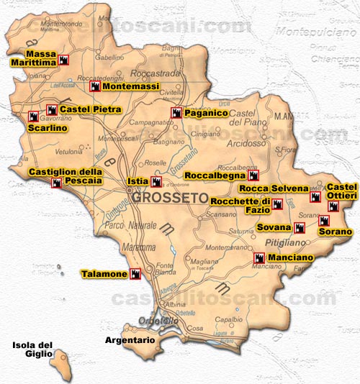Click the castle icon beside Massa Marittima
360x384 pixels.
pyautogui.click(x=63, y=60)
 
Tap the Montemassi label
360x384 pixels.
pyautogui.click(x=126, y=86)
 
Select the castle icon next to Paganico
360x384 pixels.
pyautogui.click(x=176, y=113)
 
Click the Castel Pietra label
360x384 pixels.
pyautogui.click(x=90, y=109)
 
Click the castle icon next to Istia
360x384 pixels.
pyautogui.click(x=156, y=181)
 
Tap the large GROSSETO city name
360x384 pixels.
pyautogui.click(x=168, y=197)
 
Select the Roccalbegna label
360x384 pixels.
pyautogui.click(x=215, y=175)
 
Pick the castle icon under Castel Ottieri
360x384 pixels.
pyautogui.click(x=332, y=206)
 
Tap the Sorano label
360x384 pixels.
pyautogui.click(x=336, y=232)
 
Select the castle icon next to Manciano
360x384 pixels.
pyautogui.click(x=258, y=257)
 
